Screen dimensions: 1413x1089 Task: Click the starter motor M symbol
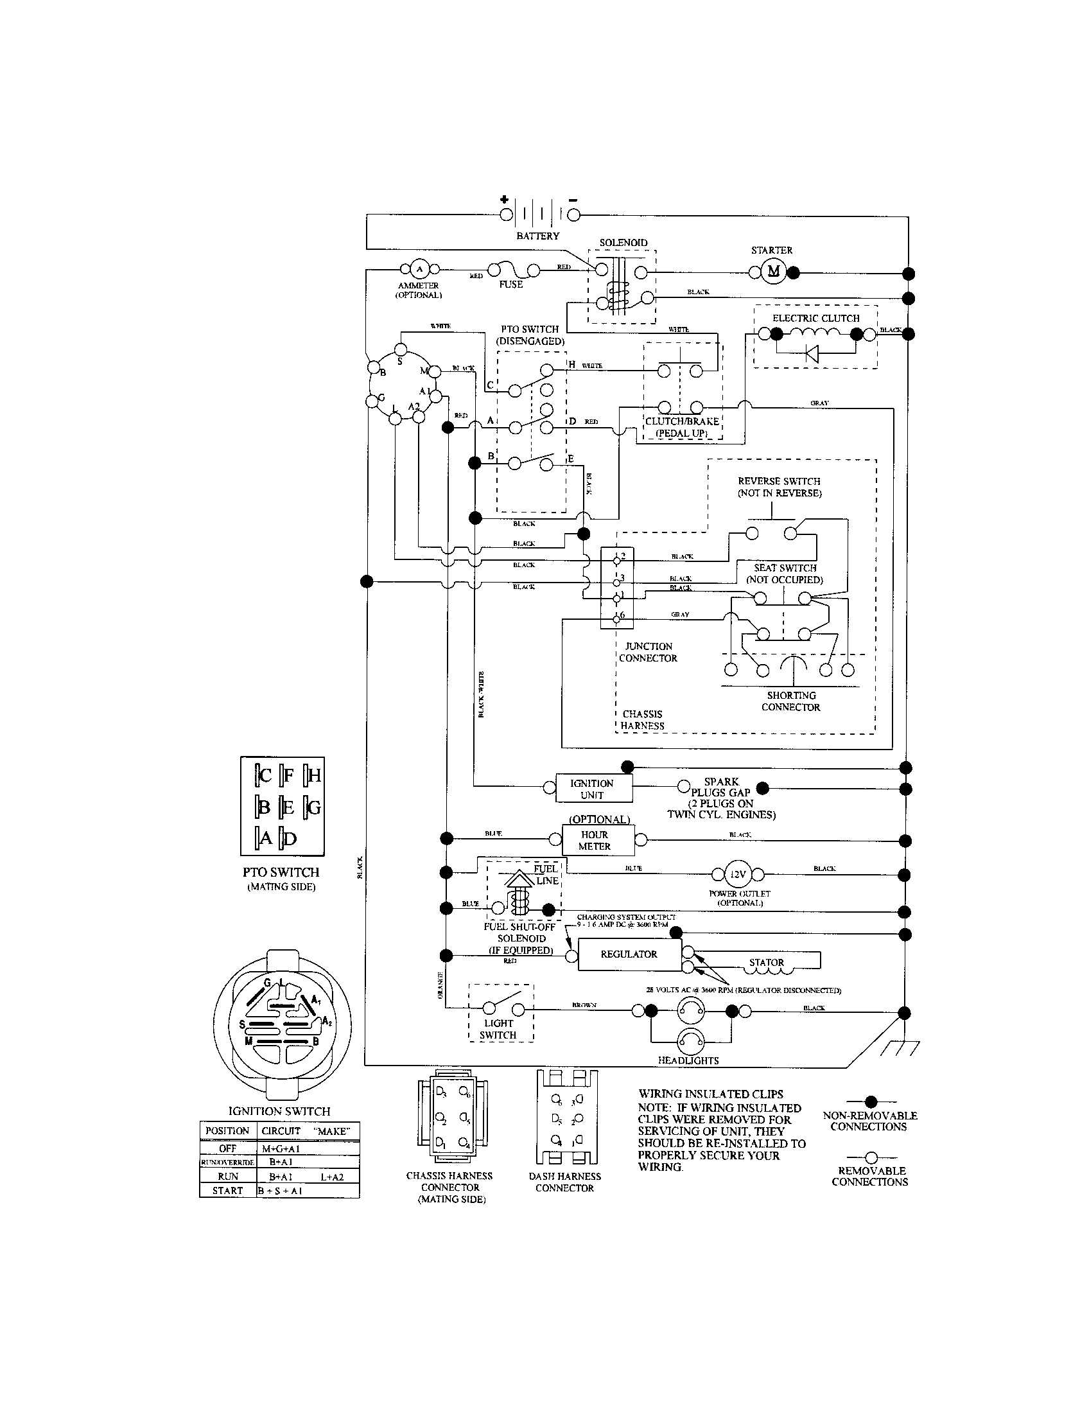[774, 271]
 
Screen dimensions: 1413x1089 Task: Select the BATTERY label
[537, 236]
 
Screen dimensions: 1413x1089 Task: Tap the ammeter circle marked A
[419, 269]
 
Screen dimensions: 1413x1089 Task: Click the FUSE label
[510, 284]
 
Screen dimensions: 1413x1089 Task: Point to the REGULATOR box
[629, 954]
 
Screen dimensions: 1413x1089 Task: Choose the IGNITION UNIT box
[592, 789]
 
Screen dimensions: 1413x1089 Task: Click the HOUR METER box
[595, 841]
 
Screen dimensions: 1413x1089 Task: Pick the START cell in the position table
[228, 1189]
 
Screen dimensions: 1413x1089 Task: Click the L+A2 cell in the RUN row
[332, 1176]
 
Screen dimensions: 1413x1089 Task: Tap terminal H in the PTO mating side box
[313, 775]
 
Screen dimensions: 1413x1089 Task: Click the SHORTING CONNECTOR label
[790, 701]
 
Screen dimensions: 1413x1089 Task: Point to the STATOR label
[765, 963]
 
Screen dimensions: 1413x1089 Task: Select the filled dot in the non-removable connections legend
[871, 1100]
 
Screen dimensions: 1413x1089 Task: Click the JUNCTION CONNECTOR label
[648, 652]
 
